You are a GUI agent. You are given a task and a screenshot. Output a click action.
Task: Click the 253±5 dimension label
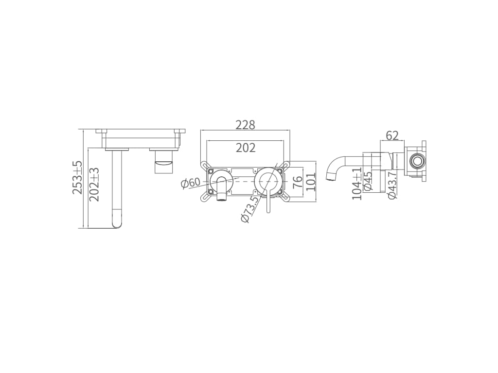pyautogui.click(x=77, y=177)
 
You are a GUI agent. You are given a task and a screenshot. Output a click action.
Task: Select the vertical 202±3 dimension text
pyautogui.click(x=94, y=184)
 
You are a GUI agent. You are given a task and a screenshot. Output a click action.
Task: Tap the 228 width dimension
pyautogui.click(x=245, y=125)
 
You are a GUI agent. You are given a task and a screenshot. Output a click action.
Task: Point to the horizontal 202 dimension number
pyautogui.click(x=246, y=148)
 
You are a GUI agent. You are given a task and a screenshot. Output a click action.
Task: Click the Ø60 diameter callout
pyautogui.click(x=191, y=183)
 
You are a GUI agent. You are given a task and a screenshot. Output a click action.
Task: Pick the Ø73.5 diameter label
pyautogui.click(x=250, y=209)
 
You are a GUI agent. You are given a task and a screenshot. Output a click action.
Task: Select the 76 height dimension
pyautogui.click(x=297, y=183)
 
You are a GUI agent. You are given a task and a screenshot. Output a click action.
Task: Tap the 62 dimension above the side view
pyautogui.click(x=392, y=136)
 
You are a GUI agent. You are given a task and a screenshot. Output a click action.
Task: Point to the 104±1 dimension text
pyautogui.click(x=357, y=184)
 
